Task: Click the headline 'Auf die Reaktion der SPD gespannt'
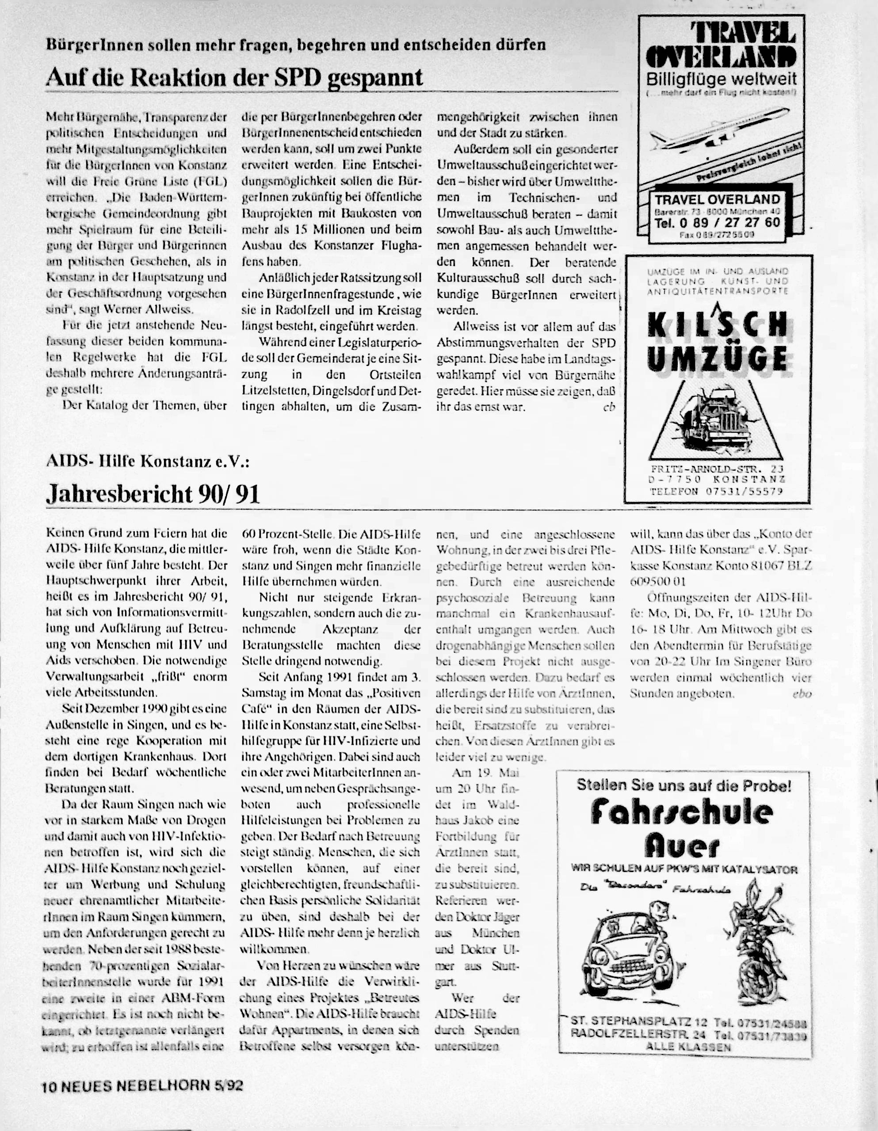point(234,78)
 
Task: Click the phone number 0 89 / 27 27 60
point(717,223)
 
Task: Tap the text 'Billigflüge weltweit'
point(721,80)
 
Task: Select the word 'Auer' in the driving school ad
point(682,847)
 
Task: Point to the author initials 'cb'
point(609,407)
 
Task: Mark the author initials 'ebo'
point(802,694)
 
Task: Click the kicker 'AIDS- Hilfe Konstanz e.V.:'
point(148,461)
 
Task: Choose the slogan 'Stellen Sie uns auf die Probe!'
point(684,786)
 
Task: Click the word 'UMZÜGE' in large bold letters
point(717,357)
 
